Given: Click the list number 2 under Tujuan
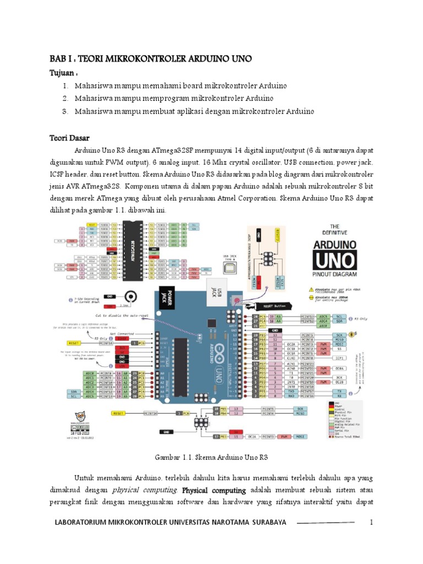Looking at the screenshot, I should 65,99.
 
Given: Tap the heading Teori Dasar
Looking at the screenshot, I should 69,137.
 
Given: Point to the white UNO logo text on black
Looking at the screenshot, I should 335,259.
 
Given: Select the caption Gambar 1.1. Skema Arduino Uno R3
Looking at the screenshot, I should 211,457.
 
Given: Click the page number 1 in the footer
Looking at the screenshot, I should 372,522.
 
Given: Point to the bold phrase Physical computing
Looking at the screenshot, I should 214,490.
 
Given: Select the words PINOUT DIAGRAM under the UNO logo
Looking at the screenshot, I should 335,273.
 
